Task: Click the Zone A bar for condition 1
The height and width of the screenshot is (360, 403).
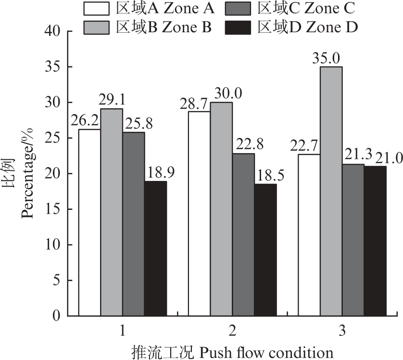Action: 89,222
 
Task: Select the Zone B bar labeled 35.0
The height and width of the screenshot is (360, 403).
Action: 331,191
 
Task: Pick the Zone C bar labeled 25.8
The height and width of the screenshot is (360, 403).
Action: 134,224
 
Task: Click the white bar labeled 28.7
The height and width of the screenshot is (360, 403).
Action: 199,214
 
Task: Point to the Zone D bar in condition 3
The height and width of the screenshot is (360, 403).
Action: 376,241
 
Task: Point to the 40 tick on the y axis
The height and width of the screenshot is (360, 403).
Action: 52,31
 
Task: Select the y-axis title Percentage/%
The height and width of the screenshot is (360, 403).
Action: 27,173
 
